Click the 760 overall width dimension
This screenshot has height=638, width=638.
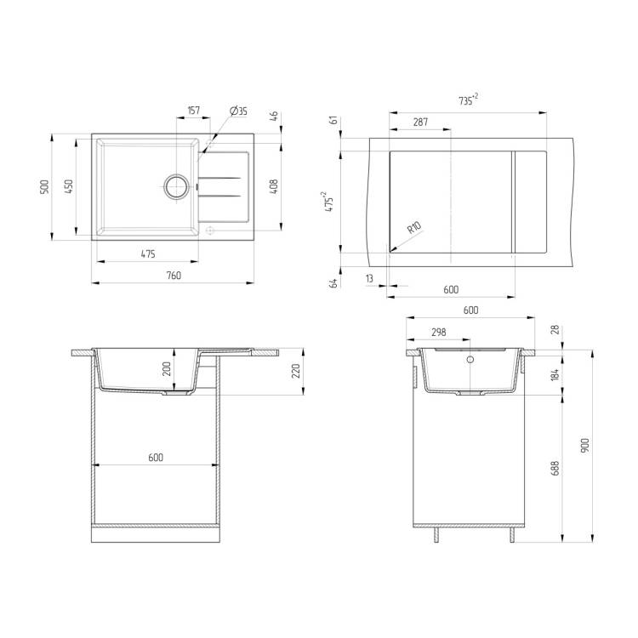coord(174,276)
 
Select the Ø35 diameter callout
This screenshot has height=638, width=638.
coord(238,111)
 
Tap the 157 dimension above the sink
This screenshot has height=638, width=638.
coord(194,111)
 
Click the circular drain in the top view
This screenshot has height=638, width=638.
coord(177,187)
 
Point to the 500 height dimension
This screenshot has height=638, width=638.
coord(44,187)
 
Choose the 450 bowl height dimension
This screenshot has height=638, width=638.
coord(69,186)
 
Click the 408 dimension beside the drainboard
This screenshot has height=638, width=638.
coord(274,186)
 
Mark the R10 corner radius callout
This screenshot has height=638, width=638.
coord(414,227)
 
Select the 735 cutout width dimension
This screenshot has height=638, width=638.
coord(468,100)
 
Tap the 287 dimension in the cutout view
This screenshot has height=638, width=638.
coord(420,122)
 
